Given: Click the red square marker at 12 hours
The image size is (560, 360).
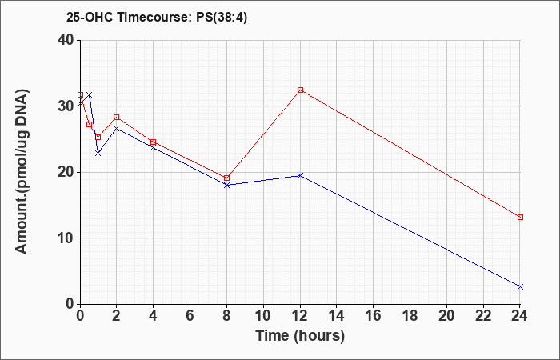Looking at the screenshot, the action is (x=300, y=90).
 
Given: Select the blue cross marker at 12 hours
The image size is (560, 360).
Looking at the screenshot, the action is (x=300, y=175).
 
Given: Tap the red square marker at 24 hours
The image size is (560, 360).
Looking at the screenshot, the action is (x=520, y=217).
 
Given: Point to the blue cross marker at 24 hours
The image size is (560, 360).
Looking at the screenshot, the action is (x=520, y=286).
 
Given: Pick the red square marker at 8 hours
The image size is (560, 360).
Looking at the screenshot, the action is (x=226, y=178).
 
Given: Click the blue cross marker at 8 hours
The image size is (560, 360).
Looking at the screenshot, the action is (x=226, y=185).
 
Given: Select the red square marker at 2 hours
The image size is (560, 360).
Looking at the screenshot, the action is (x=117, y=117).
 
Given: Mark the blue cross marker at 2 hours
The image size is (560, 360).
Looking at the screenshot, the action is (x=117, y=128).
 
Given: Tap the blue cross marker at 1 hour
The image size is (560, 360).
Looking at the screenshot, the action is (x=98, y=154).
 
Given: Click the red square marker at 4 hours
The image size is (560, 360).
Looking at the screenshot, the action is (x=154, y=142).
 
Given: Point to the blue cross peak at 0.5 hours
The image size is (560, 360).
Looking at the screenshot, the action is (x=90, y=95).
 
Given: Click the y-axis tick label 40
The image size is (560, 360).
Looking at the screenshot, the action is (x=66, y=40).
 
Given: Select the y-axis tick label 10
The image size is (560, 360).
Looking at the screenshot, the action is (x=66, y=238).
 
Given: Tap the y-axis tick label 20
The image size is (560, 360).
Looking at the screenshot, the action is (x=66, y=172).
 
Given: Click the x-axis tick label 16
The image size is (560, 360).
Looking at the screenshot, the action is (x=374, y=315).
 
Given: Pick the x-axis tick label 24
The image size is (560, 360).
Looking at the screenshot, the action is (x=520, y=315).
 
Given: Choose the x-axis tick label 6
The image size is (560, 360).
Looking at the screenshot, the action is (x=190, y=315).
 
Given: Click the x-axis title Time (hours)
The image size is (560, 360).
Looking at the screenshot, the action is (x=300, y=336).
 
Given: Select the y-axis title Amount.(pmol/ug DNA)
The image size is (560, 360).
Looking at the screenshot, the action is (x=22, y=172).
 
